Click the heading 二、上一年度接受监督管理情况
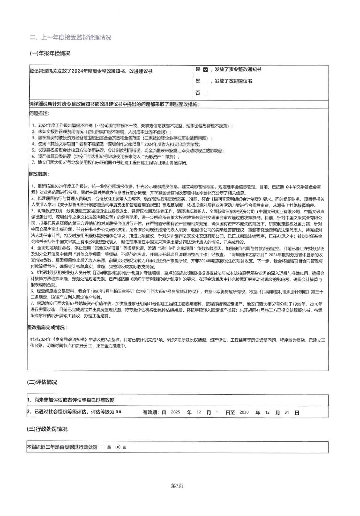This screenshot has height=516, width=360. point(70,38)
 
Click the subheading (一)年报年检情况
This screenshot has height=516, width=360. point(50,53)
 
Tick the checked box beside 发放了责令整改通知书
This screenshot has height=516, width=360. point(206,70)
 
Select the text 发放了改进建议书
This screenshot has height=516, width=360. point(233,81)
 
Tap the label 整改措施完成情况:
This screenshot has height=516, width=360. point(47,327)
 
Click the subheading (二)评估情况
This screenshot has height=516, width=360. point(42,382)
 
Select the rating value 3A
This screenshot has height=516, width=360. point(119,412)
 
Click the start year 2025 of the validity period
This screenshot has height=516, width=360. point(175,412)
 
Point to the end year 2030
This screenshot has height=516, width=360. point(244,412)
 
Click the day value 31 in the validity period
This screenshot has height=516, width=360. point(287,412)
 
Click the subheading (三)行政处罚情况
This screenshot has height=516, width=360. point(47,429)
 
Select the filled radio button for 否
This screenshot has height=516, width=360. point(118,447)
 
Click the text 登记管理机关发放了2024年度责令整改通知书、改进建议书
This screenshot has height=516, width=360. point(91,71)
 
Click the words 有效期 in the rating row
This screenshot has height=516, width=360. point(150,412)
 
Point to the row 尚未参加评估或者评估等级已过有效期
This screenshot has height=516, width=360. point(71,400)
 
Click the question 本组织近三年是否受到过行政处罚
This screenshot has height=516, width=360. point(62,447)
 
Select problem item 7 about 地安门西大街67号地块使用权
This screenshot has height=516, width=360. point(110,162)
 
